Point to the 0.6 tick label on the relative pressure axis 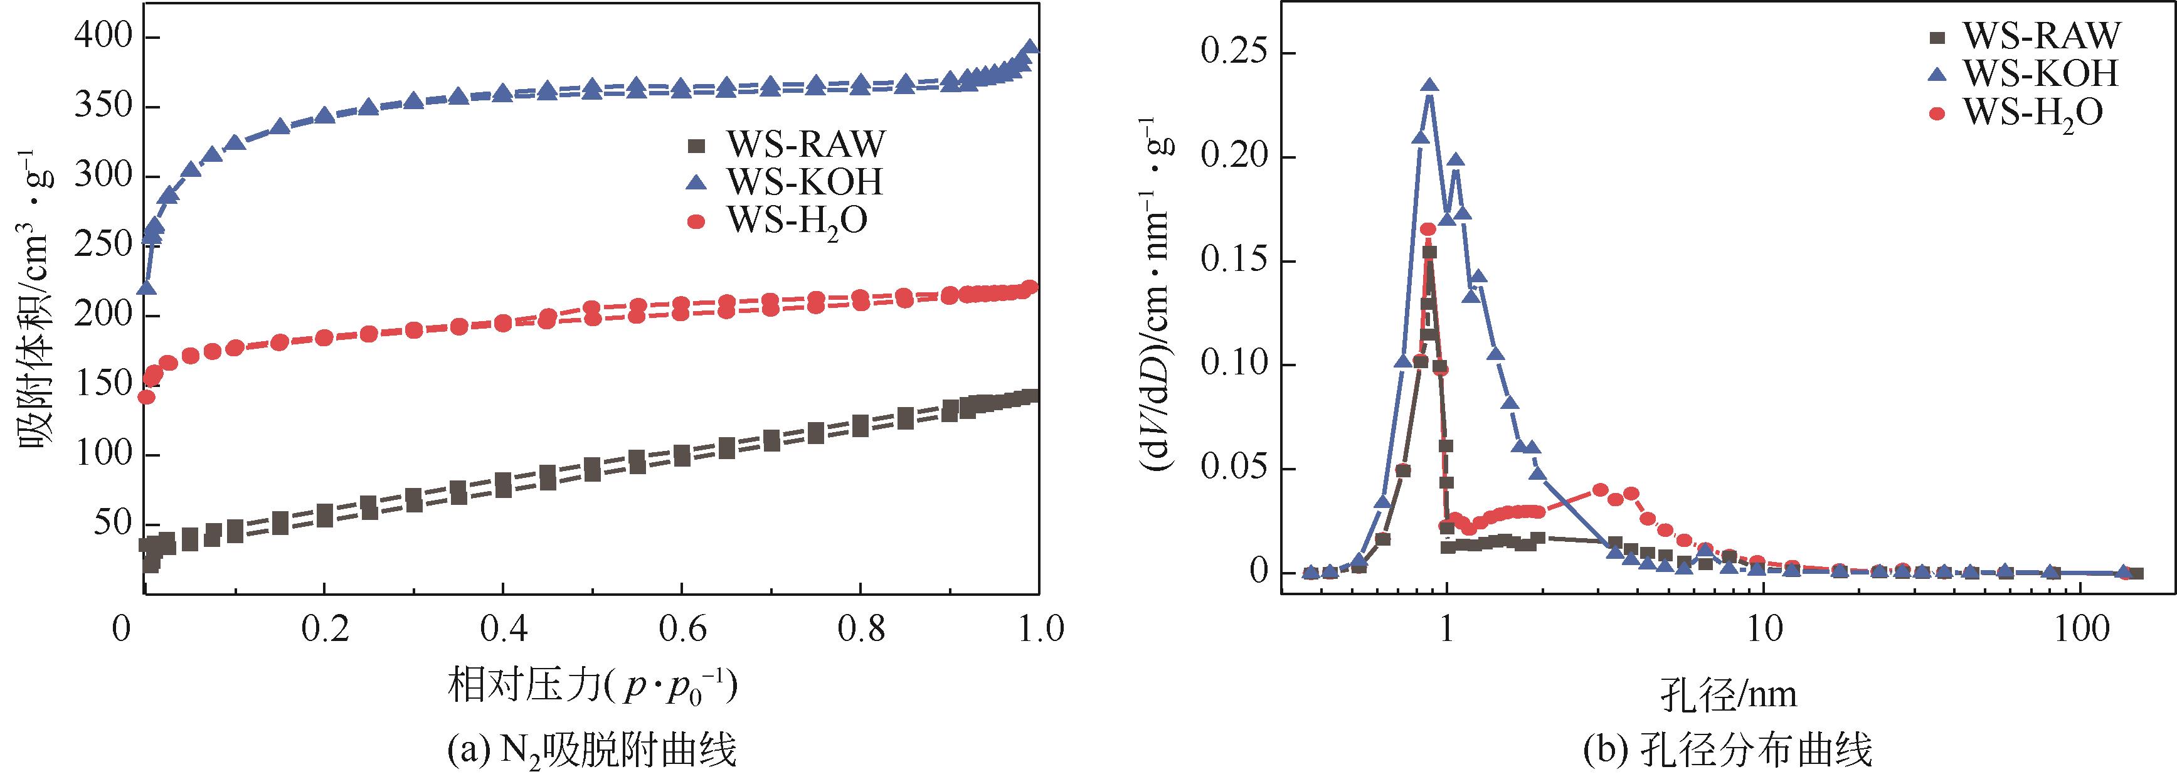click(681, 630)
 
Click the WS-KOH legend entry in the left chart click(805, 182)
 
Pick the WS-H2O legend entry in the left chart click(798, 221)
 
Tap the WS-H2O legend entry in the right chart click(2033, 112)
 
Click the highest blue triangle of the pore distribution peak click(1429, 86)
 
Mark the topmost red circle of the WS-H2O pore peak click(1427, 230)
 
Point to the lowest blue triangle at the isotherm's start click(146, 288)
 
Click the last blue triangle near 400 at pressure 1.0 click(1030, 47)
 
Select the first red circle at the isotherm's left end click(146, 397)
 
